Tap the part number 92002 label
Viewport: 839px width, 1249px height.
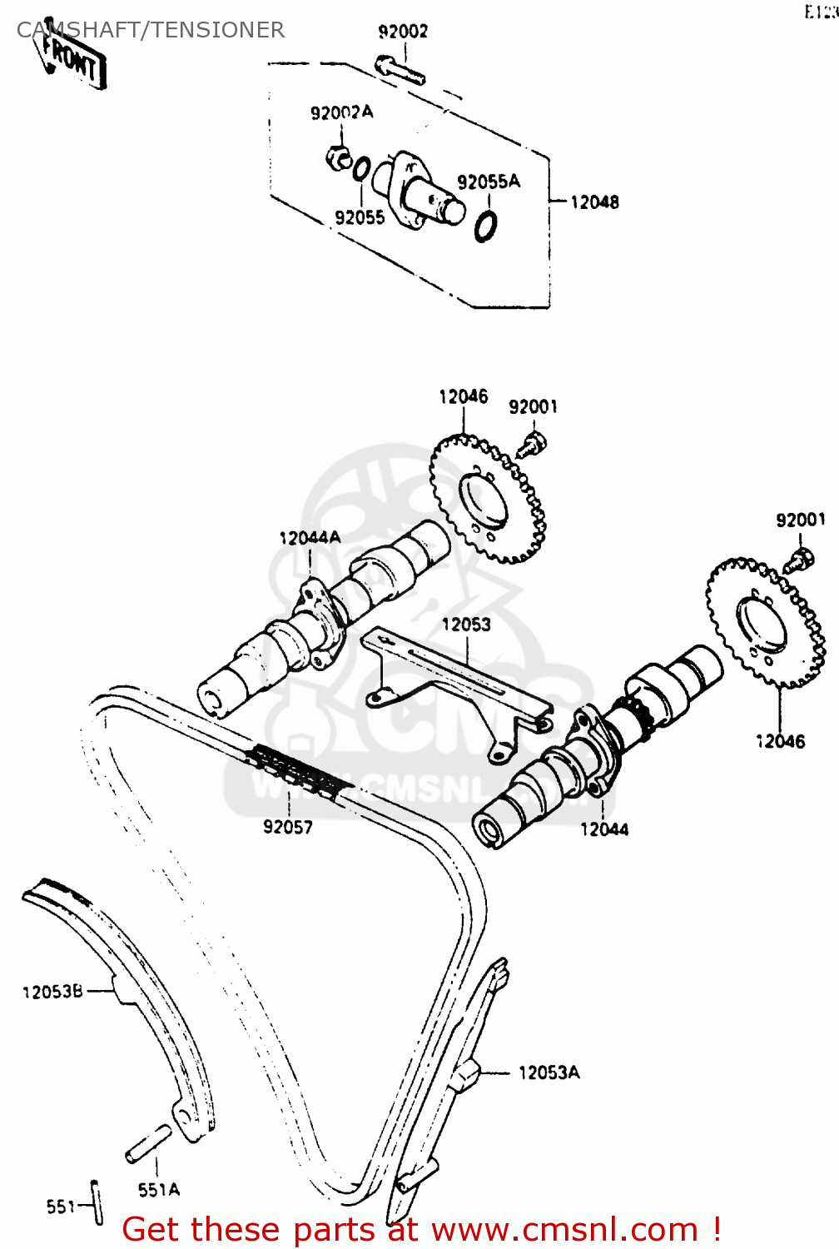point(403,32)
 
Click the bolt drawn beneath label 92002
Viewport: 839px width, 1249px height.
point(400,70)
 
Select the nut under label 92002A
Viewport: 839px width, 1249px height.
point(338,157)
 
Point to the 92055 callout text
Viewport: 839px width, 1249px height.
point(360,217)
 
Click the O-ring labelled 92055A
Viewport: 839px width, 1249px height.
point(486,226)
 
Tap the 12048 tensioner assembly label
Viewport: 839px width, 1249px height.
point(594,202)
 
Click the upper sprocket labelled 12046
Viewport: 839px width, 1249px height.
point(488,500)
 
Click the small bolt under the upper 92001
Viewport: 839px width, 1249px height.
point(530,444)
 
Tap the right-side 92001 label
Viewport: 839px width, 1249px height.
point(801,520)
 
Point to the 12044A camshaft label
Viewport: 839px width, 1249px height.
point(310,538)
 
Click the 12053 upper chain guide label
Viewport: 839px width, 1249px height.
point(466,624)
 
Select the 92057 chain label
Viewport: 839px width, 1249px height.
point(288,827)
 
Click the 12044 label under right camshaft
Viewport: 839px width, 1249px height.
point(604,829)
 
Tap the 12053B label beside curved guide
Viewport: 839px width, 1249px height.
point(52,992)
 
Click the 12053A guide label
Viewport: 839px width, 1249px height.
point(549,1072)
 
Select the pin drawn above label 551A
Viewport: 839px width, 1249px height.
point(149,1143)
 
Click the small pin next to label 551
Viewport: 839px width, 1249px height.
point(97,1203)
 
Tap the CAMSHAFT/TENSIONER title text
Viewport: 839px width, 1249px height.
point(151,30)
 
